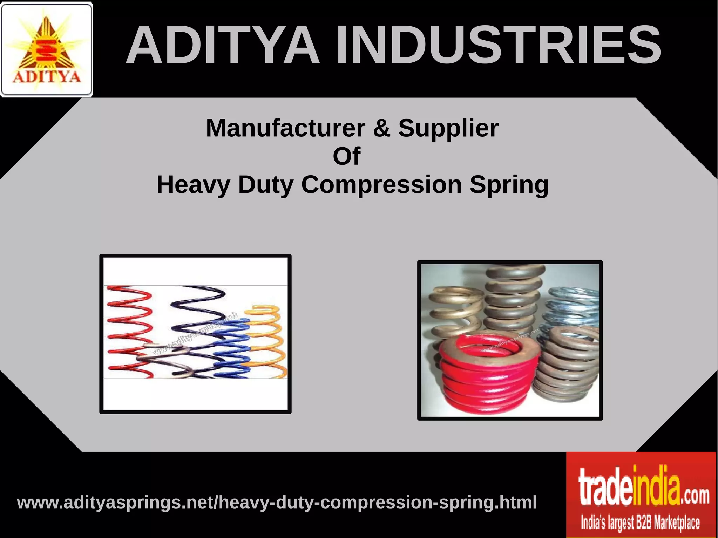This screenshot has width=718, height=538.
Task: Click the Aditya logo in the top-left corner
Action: (47, 49)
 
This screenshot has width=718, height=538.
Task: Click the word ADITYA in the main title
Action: (223, 45)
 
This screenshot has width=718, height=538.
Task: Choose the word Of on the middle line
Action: (346, 156)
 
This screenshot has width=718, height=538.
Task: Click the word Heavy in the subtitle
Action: (193, 185)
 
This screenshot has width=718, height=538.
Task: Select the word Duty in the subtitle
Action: (266, 185)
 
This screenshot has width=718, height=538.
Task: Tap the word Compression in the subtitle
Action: (381, 185)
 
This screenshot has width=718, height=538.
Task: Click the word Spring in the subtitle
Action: (509, 185)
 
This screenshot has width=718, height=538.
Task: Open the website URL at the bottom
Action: (277, 502)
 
